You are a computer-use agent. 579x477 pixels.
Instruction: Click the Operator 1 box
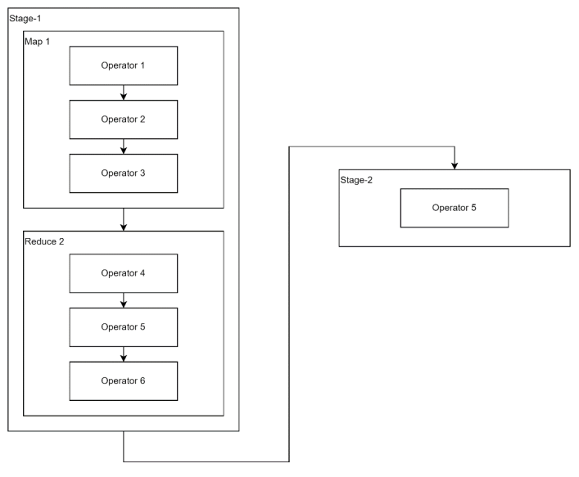tap(124, 65)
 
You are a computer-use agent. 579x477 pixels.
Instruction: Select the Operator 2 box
tap(124, 119)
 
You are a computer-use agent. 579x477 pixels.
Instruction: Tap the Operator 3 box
tap(124, 173)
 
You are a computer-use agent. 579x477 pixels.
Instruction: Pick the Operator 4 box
tap(124, 273)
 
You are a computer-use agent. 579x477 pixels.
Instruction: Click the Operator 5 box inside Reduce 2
tap(124, 327)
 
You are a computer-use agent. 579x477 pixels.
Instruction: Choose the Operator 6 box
tap(124, 381)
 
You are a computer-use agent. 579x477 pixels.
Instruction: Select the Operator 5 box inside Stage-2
tap(455, 208)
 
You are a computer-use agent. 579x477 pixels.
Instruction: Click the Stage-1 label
tap(25, 19)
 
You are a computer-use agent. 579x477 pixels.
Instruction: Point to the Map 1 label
tap(37, 42)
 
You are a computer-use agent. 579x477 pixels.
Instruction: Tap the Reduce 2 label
tap(44, 241)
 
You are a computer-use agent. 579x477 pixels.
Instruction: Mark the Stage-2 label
tap(356, 180)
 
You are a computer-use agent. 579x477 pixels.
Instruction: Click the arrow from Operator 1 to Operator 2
tap(124, 92)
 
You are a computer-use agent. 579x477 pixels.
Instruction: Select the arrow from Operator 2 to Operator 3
tap(124, 146)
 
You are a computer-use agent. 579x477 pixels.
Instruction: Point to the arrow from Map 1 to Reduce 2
tap(124, 219)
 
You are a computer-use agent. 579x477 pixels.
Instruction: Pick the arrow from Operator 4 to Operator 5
tap(124, 300)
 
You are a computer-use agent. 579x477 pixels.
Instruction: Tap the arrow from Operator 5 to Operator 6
tap(124, 354)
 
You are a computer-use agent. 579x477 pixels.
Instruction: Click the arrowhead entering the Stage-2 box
tap(455, 166)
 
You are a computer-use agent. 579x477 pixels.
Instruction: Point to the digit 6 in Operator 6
tap(142, 380)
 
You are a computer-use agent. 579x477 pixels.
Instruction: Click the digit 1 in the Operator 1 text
tap(142, 65)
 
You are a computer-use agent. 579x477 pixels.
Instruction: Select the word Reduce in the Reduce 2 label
tap(41, 241)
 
